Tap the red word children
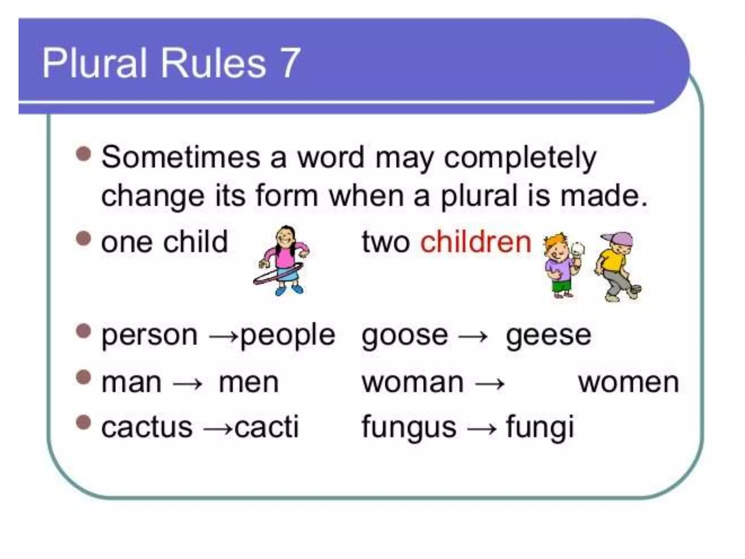(x=476, y=242)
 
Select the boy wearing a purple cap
(x=617, y=266)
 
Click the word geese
(x=549, y=335)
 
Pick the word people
(x=287, y=335)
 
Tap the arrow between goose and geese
(x=473, y=337)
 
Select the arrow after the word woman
(x=490, y=384)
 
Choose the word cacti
(x=266, y=427)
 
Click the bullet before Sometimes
(x=84, y=154)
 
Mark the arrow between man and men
(x=188, y=384)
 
